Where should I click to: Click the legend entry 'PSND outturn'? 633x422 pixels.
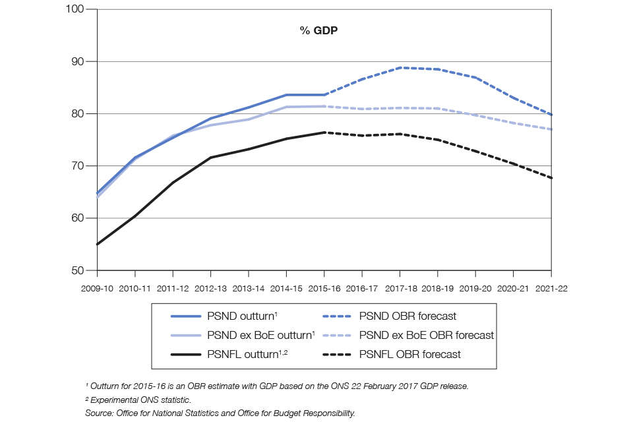[x=241, y=316]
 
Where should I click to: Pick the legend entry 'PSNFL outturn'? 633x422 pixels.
[x=245, y=354]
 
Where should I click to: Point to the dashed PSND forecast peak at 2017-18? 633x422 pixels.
[x=400, y=67]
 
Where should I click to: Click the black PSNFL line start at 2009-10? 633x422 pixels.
[x=98, y=244]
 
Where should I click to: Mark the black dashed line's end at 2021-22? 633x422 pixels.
[x=551, y=178]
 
